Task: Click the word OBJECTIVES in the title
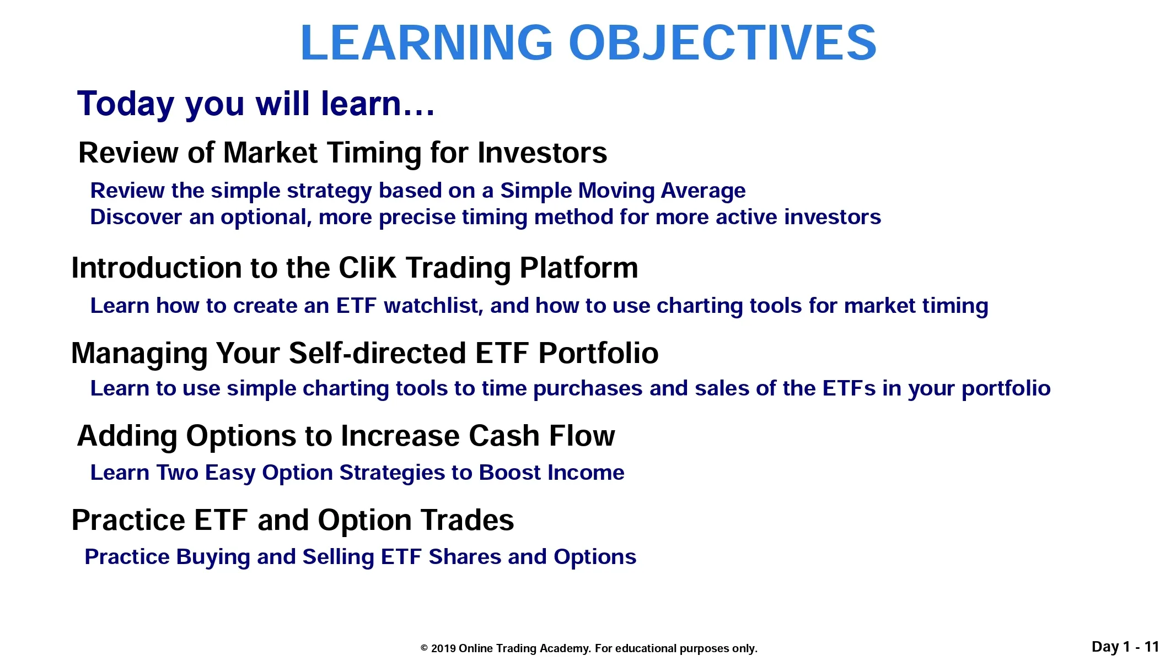point(722,42)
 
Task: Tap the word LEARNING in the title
point(426,42)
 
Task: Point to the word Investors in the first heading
point(543,153)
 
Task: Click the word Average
point(703,191)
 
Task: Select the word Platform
point(579,268)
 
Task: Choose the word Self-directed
point(378,353)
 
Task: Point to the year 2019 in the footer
point(443,648)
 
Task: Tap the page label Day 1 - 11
point(1125,647)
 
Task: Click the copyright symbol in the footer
point(424,648)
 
